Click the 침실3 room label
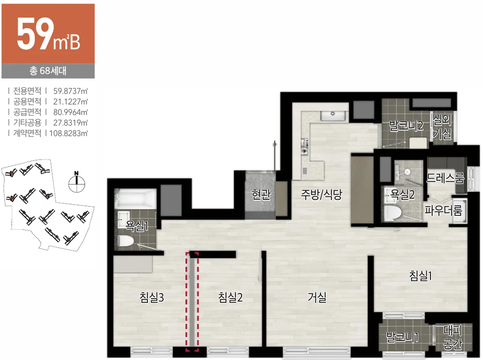point(152,297)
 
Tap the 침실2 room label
point(230,297)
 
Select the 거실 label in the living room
point(317,297)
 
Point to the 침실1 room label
point(420,276)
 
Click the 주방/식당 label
point(322,194)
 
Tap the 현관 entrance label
point(261,194)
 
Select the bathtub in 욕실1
point(136,198)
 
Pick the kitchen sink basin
point(333,116)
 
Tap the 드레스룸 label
point(445,178)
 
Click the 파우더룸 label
point(443,210)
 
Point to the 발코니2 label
point(406,126)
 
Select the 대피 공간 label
point(452,337)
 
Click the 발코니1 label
point(402,337)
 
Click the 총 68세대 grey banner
point(48,71)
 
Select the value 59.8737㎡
point(71,91)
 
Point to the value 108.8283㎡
point(68,133)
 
